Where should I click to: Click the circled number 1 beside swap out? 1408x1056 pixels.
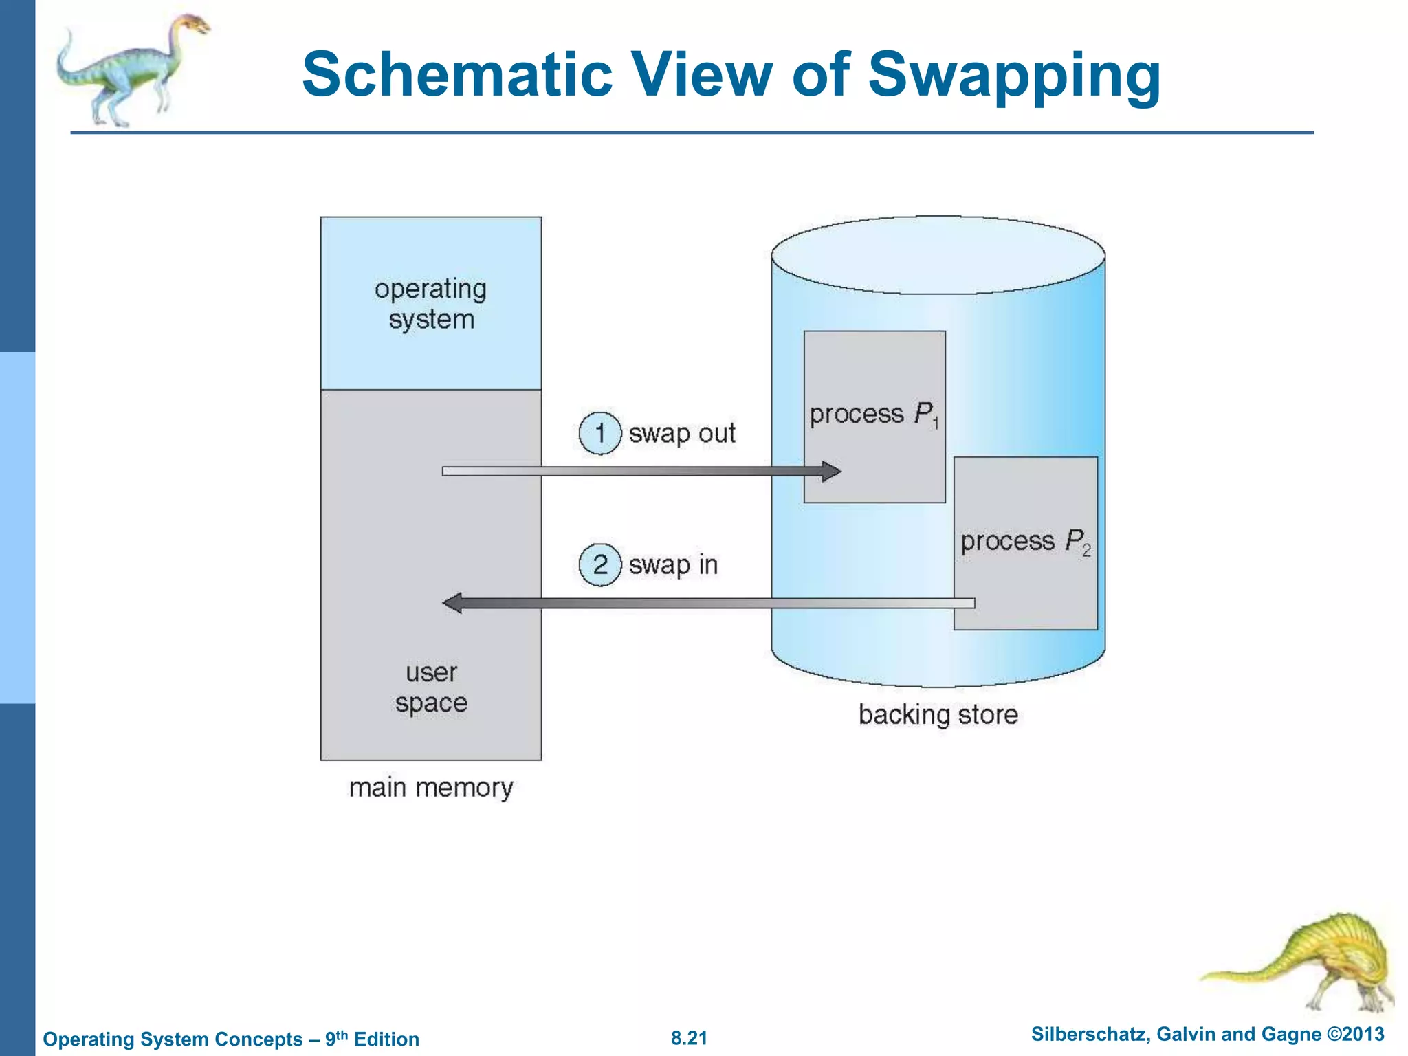[x=599, y=434]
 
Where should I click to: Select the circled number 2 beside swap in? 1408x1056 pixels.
[x=599, y=564]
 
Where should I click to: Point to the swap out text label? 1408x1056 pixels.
[x=681, y=434]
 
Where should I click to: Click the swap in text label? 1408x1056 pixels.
[x=673, y=565]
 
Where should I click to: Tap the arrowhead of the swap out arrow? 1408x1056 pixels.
[x=831, y=472]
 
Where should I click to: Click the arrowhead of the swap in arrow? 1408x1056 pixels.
[x=453, y=604]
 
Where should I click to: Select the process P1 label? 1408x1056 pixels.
[x=873, y=415]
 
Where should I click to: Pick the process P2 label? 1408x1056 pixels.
[x=1024, y=542]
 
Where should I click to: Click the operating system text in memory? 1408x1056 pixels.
[x=431, y=304]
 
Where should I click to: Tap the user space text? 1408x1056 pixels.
[x=431, y=687]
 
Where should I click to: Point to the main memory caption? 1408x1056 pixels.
[x=431, y=788]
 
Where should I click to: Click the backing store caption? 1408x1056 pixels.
[x=938, y=715]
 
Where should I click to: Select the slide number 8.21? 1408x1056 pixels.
[x=689, y=1038]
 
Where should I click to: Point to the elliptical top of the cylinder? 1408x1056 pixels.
[x=938, y=255]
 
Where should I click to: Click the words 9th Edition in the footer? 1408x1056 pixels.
[x=372, y=1039]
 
